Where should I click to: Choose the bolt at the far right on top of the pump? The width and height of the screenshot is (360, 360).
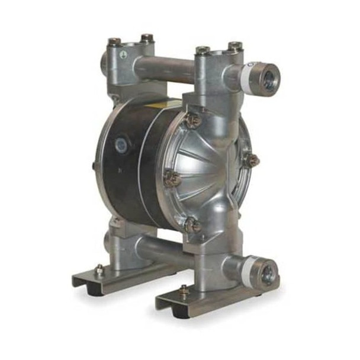[235, 46]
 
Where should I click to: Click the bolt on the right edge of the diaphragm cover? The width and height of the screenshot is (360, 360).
[252, 160]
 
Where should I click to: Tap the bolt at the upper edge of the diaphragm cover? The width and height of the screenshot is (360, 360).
[192, 120]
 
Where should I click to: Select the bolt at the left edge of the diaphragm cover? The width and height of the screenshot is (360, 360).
[172, 178]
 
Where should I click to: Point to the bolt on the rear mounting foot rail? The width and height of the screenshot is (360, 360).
[99, 269]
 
